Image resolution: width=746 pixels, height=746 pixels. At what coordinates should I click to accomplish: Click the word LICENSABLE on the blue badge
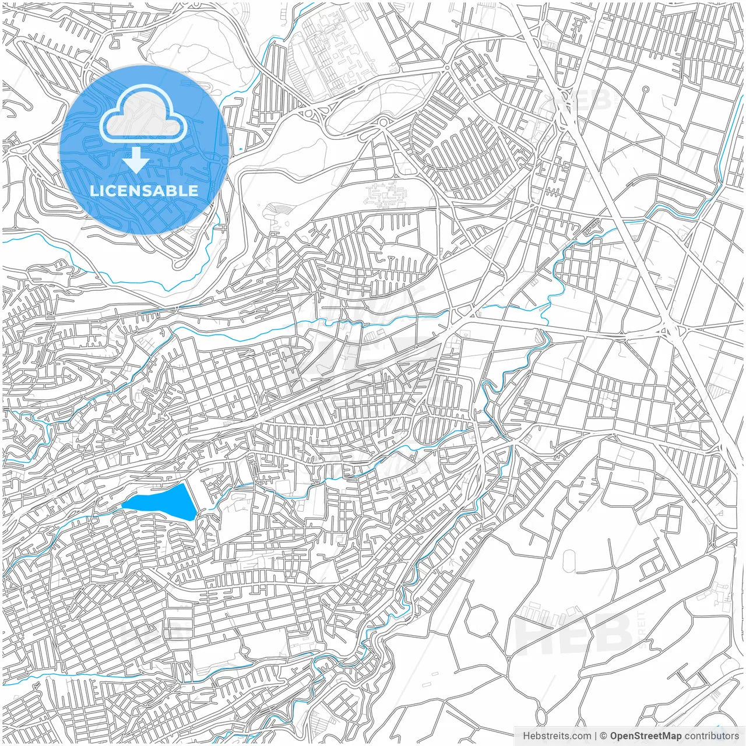pos(144,191)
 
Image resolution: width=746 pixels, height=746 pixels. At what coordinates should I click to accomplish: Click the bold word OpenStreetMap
pos(645,736)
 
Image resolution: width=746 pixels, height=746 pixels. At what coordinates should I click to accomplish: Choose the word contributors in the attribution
pos(712,736)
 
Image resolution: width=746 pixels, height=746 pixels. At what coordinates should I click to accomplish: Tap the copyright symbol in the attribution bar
pos(604,736)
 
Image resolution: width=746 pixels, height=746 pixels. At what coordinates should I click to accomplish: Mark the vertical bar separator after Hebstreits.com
pos(594,736)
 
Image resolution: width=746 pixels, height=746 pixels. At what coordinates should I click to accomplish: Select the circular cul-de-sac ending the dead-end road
pos(645,90)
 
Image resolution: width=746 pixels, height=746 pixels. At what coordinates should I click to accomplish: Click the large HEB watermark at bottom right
pos(574,632)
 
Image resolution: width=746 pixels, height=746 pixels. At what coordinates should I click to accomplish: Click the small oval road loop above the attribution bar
pos(541,713)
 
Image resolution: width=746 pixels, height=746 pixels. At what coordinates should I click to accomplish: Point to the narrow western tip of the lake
pos(124,506)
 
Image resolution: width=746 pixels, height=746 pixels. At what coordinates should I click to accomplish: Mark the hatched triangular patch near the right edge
pos(715,388)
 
